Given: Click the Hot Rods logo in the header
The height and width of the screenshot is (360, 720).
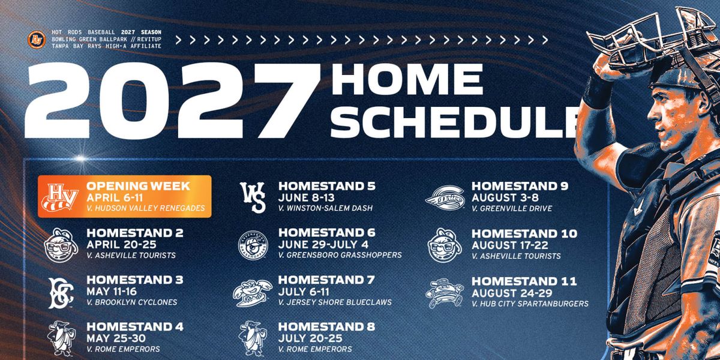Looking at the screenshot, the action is pos(37,40).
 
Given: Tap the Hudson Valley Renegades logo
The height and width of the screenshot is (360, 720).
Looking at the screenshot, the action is pos(60,197).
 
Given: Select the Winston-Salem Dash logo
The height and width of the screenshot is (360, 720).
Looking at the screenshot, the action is pos(253,197).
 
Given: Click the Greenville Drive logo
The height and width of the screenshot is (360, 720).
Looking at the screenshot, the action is pos(445,197).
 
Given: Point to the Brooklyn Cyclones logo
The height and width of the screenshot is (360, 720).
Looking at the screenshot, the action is pos(61,293).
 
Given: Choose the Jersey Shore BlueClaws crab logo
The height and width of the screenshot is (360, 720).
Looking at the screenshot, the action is pos(253,293).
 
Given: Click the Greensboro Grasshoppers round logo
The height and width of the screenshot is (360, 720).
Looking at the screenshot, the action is pos(253,245).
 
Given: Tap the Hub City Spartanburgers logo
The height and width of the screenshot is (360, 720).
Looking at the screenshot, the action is pos(445,293).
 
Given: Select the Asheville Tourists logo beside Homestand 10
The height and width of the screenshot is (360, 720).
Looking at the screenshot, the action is pos(445,245).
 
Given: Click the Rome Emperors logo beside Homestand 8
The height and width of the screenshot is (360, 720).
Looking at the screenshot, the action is pos(253,338).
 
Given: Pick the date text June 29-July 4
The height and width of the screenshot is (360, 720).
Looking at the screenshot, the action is pos(323,245).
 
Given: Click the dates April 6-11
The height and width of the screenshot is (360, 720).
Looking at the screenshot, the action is pos(115,197).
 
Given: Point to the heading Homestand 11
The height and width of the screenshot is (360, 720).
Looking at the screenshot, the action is pos(524,281).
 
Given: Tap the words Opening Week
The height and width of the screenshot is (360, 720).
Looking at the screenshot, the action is pos(138,186).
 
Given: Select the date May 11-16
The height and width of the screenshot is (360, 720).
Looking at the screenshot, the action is pos(112,292).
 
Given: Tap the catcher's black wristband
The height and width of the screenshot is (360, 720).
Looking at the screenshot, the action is pos(597,92).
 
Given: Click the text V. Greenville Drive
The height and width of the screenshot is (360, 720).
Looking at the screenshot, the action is pos(512,208).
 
